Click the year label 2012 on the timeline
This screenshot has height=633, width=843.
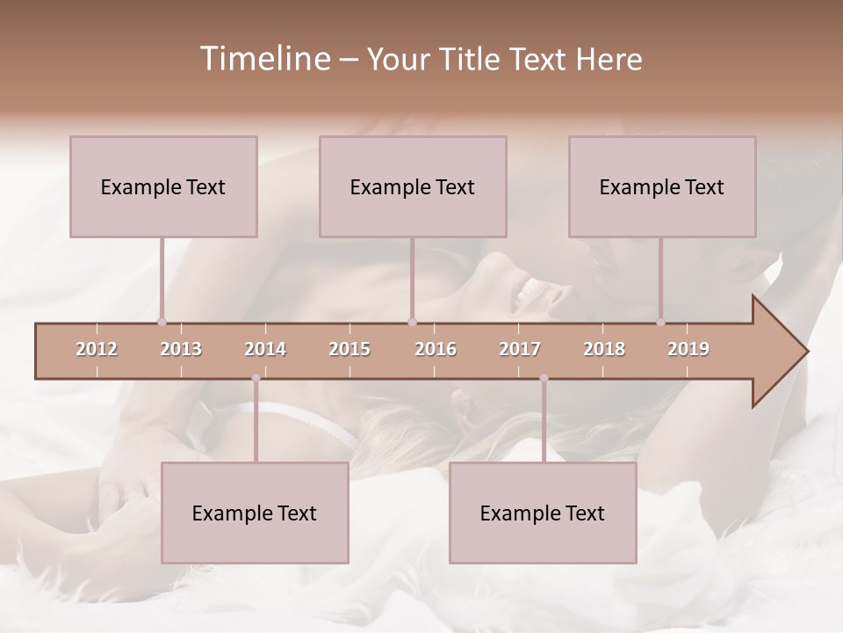(97, 349)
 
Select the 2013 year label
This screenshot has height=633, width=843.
(181, 349)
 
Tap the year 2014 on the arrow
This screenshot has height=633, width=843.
(265, 349)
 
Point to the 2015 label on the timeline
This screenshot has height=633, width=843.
(349, 349)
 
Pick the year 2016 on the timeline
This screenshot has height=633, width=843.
(436, 349)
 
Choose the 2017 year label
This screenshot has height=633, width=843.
(520, 349)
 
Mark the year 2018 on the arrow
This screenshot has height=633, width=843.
(604, 349)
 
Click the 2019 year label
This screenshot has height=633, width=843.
(688, 349)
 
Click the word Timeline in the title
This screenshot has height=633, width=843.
(263, 59)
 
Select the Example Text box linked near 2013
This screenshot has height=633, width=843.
(163, 186)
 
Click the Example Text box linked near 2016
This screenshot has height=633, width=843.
(413, 186)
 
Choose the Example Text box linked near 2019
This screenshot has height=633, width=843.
(662, 186)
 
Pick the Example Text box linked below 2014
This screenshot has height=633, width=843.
(255, 513)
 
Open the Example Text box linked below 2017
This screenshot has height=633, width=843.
(543, 513)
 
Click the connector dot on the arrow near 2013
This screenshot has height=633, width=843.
(162, 322)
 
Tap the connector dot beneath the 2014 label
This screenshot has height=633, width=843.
(256, 378)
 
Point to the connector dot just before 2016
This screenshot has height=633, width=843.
(412, 322)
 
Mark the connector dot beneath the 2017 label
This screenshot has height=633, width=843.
(544, 378)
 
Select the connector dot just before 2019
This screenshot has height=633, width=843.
(661, 322)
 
